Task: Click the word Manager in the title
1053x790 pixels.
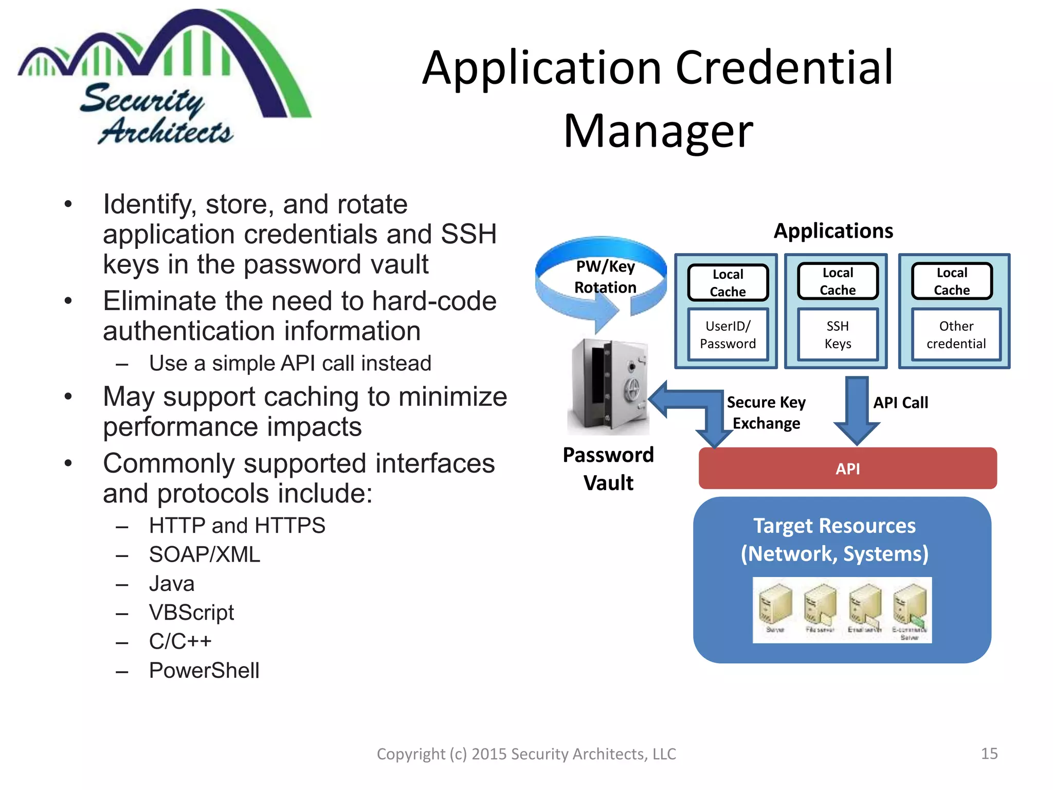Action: [x=658, y=132]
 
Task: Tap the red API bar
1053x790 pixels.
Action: [x=847, y=469]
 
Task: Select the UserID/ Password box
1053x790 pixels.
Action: [x=728, y=335]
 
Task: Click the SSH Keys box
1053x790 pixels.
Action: [x=838, y=335]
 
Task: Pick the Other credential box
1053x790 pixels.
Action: [x=956, y=335]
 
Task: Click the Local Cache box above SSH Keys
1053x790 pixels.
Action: [x=838, y=281]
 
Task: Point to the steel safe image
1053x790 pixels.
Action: [x=609, y=386]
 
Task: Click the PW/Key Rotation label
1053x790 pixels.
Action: [x=605, y=277]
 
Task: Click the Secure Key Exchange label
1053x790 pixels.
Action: [x=766, y=412]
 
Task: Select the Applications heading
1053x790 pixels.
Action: [x=833, y=231]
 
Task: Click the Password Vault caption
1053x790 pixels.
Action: [x=608, y=469]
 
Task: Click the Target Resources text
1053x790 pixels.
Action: [x=834, y=540]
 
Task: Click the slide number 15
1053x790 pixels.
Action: [x=989, y=753]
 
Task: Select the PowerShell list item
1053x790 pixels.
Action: [x=204, y=671]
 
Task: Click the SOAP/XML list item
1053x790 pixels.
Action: [x=205, y=554]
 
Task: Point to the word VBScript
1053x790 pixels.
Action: [x=191, y=613]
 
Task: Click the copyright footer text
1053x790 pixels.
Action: [x=526, y=754]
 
